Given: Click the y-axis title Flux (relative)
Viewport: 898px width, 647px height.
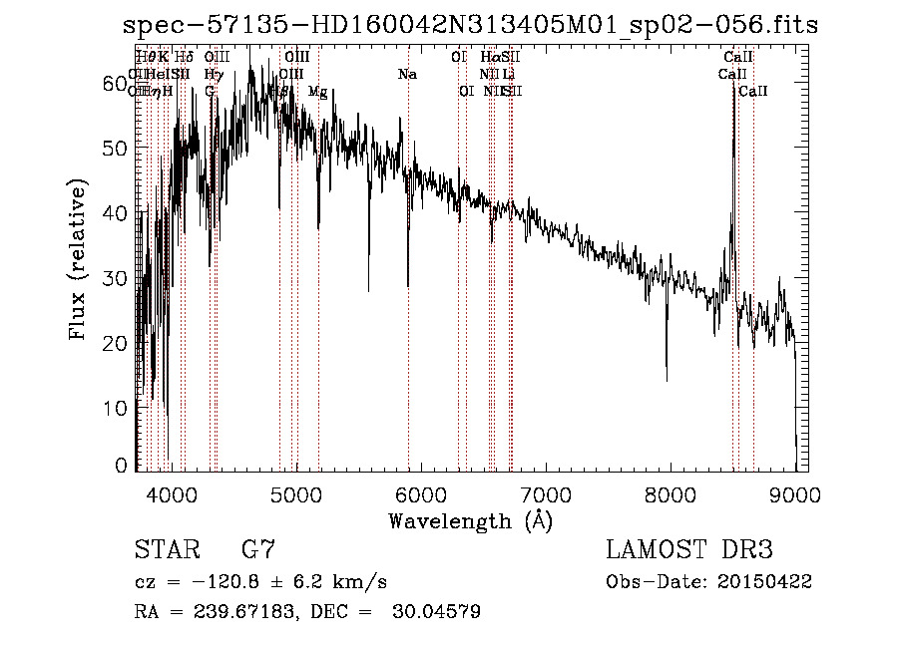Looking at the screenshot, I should coord(78,260).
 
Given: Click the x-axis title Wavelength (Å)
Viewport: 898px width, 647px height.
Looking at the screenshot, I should coord(470,520).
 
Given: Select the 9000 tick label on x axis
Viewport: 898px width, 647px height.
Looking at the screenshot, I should coord(794,493).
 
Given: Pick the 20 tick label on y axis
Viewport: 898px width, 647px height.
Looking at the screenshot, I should coord(115,342).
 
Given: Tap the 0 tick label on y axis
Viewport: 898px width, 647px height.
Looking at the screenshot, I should coord(122,466).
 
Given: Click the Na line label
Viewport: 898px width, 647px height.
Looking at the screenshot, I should coord(407,75).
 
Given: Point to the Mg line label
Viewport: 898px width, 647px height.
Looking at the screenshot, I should coord(317,92).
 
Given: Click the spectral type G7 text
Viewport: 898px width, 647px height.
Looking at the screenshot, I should coord(258,550).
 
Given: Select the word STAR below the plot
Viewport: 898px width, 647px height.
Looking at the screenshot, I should coord(166,550).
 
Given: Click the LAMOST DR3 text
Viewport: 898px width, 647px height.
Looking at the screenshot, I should coord(689,550).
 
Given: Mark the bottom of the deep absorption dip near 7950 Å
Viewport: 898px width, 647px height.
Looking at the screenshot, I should coord(667,379).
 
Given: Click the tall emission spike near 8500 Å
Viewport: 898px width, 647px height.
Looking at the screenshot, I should coord(734,95).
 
